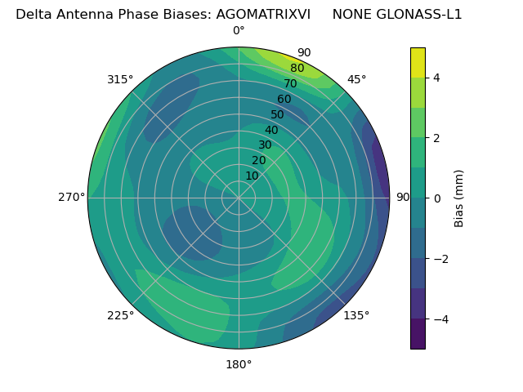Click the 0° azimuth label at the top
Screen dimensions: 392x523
(239, 31)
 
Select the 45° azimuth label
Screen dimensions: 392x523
(356, 79)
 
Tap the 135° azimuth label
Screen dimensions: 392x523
(356, 315)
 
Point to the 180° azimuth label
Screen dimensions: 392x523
(239, 364)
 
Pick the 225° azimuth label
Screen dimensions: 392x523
(120, 315)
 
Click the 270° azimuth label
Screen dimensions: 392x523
(71, 197)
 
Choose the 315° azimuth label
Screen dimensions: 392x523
(120, 79)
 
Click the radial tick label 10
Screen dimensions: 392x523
(252, 176)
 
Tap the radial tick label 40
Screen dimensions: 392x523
(271, 130)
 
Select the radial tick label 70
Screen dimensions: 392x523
(290, 83)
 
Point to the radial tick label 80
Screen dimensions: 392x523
(297, 69)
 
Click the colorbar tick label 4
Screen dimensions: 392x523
(436, 78)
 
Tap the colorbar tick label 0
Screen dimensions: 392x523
(436, 198)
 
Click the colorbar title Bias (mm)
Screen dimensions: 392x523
(459, 198)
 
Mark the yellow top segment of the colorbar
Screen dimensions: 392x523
(418, 62)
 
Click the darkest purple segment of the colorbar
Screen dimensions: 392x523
(418, 333)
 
